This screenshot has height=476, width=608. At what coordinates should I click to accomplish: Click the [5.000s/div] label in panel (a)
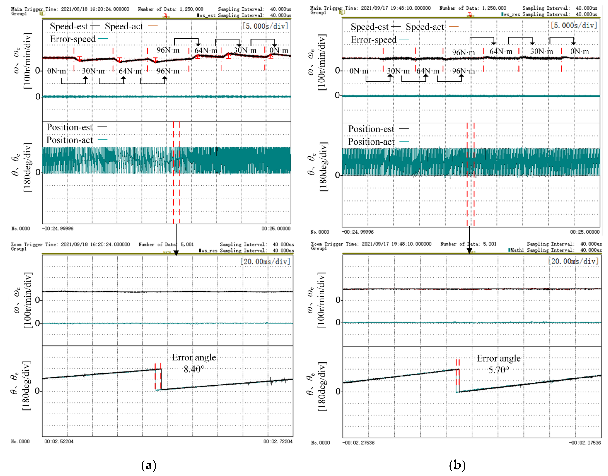pyautogui.click(x=265, y=26)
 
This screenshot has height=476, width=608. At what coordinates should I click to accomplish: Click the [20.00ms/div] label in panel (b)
pyautogui.click(x=573, y=261)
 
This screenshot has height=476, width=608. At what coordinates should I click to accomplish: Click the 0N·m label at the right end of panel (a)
pyautogui.click(x=279, y=51)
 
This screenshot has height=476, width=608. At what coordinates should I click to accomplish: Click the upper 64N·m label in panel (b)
pyautogui.click(x=501, y=51)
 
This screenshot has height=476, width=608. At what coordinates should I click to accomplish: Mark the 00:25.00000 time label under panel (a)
pyautogui.click(x=276, y=229)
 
